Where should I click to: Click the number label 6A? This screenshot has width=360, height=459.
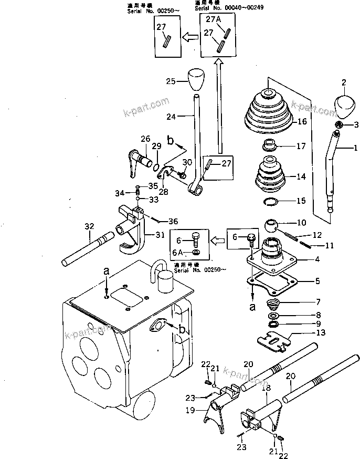click(x=178, y=253)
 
